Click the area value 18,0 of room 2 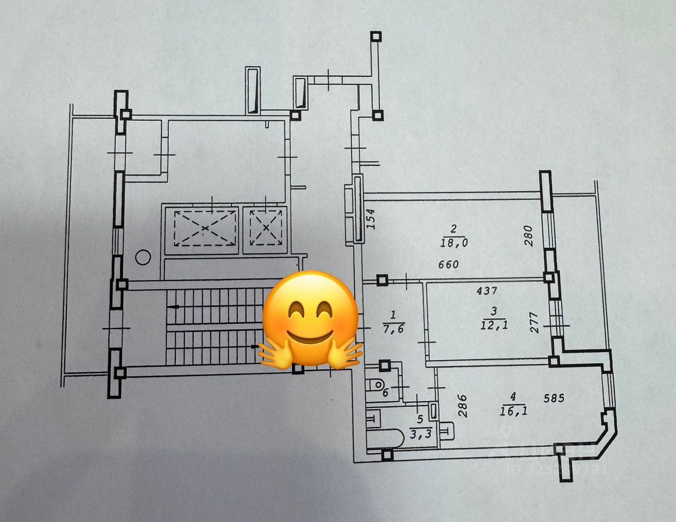(x=454, y=243)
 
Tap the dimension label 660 (x=448, y=265)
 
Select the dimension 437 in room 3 (x=487, y=291)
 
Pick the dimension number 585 (x=554, y=399)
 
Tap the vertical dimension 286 (x=462, y=405)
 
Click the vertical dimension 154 (x=371, y=219)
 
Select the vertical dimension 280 (x=528, y=235)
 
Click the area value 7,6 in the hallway (x=394, y=328)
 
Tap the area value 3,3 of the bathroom (x=419, y=433)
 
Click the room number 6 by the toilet (x=385, y=393)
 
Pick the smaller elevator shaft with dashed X (x=265, y=228)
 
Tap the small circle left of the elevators (x=143, y=257)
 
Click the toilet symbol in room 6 (x=376, y=384)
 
